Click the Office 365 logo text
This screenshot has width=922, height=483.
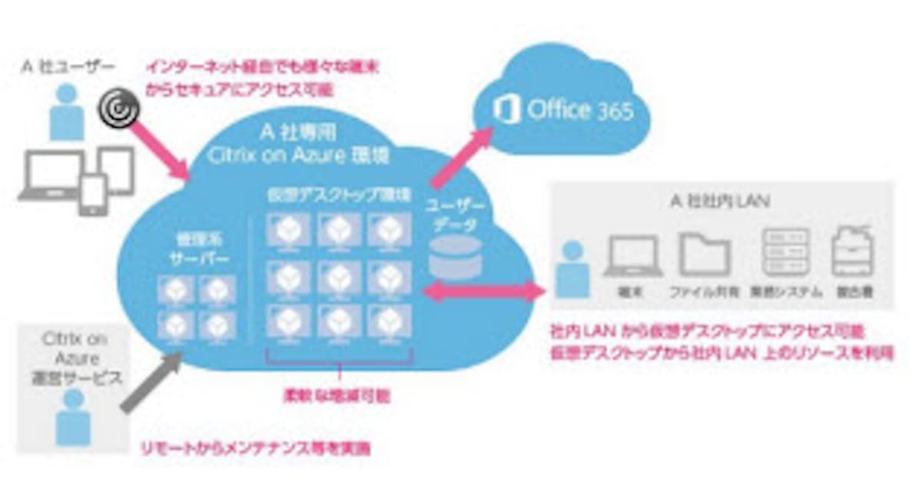pyautogui.click(x=580, y=110)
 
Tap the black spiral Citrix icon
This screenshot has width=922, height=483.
pyautogui.click(x=119, y=109)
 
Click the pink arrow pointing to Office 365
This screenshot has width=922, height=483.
pyautogui.click(x=460, y=157)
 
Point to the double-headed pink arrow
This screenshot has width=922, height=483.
pyautogui.click(x=483, y=291)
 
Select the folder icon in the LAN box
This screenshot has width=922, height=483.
pyautogui.click(x=704, y=255)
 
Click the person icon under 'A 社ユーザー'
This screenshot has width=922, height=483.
pyautogui.click(x=68, y=111)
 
